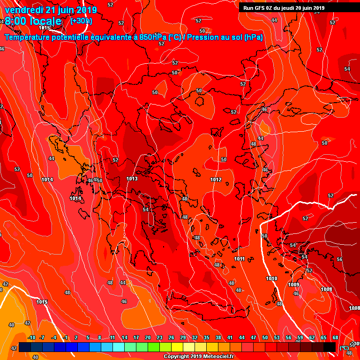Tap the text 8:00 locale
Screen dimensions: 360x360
(x=33, y=21)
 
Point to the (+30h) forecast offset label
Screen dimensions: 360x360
(x=81, y=21)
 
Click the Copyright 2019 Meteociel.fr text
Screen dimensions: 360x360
(x=199, y=356)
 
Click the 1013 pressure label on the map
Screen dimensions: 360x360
(x=132, y=179)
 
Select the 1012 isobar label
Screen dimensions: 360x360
(x=216, y=180)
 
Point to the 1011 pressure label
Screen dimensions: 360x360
(x=239, y=259)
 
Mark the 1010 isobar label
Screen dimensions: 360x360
(x=271, y=278)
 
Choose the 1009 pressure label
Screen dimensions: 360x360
(x=293, y=285)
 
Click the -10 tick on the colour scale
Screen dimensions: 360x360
(x=31, y=338)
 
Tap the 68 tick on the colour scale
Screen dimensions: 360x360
(x=335, y=338)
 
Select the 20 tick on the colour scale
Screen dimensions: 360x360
(x=148, y=338)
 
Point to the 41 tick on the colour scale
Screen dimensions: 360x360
(x=230, y=338)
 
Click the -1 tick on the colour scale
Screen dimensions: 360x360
(x=66, y=338)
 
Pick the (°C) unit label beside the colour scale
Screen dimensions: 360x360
(x=344, y=348)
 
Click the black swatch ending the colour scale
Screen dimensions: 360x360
(x=330, y=347)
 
